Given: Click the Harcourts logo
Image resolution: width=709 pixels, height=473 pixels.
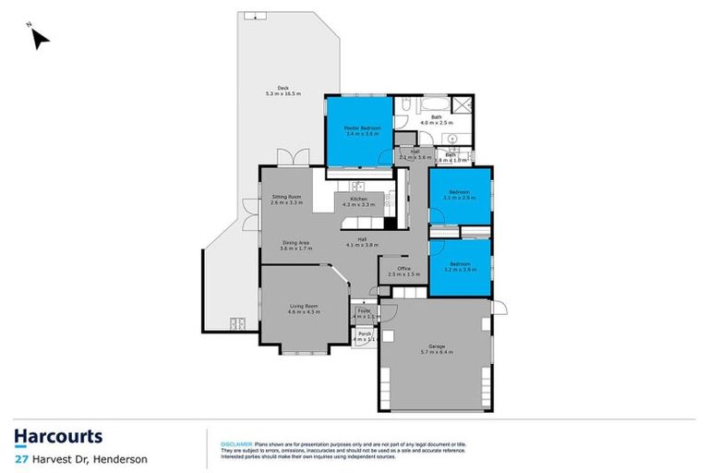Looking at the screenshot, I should tap(58, 436).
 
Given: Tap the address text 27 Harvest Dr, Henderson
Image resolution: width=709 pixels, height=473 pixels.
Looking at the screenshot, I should tap(80, 458).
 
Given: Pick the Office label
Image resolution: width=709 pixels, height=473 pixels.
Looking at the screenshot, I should tap(403, 272).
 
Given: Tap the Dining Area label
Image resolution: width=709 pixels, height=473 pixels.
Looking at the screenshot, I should tap(295, 246).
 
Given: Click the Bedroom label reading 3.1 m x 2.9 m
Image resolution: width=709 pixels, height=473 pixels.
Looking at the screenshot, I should tap(459, 195).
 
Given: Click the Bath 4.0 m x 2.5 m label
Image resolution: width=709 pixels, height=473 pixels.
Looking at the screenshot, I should tap(436, 119).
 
